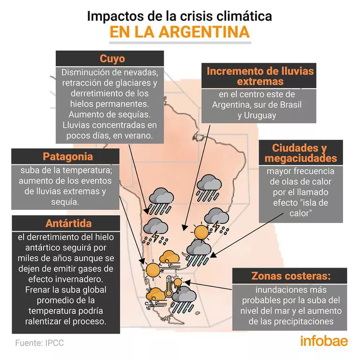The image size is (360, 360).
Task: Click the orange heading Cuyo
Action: (112, 59)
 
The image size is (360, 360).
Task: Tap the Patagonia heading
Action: (67, 157)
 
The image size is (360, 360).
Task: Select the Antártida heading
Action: (68, 223)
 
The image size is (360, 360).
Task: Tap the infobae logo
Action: (324, 341)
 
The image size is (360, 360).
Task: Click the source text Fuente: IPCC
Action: (39, 343)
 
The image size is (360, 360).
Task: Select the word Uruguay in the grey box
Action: (257, 115)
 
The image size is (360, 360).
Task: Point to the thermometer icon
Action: (168, 287)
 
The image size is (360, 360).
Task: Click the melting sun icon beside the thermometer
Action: (178, 282)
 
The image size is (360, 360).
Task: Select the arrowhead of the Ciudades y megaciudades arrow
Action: (211, 256)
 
